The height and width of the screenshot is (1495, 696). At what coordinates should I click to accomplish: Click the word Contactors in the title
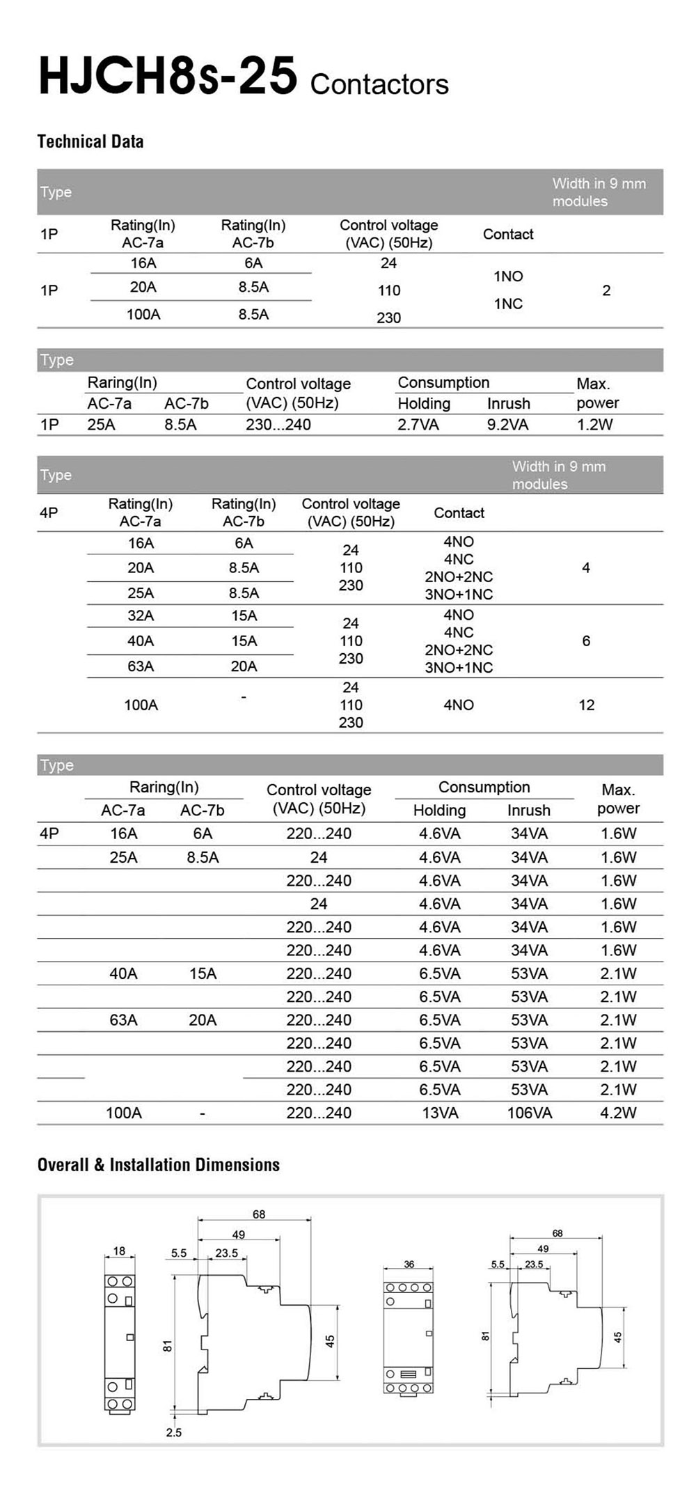click(379, 84)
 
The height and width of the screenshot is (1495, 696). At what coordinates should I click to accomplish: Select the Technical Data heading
click(90, 141)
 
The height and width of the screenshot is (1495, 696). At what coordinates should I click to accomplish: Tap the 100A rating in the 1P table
click(143, 314)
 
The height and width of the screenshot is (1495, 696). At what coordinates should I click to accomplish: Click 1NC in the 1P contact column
click(508, 304)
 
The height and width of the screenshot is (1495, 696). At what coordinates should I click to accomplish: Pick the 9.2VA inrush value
click(507, 425)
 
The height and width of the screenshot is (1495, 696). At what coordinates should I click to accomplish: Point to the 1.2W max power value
click(594, 425)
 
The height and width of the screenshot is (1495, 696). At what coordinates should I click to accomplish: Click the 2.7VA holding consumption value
click(418, 425)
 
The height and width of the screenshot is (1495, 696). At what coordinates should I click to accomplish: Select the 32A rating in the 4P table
click(141, 616)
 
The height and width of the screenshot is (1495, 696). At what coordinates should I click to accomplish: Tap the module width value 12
click(586, 705)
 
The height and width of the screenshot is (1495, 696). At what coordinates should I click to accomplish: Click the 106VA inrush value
click(529, 1113)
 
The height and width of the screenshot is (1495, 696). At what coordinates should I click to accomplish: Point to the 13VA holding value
click(440, 1113)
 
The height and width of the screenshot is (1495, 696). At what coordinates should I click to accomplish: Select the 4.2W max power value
click(618, 1113)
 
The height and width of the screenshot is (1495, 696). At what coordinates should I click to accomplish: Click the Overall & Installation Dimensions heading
click(159, 1165)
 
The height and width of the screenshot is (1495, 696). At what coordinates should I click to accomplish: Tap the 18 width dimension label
click(119, 1251)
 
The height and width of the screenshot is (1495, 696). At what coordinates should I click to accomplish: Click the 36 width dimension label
click(409, 1265)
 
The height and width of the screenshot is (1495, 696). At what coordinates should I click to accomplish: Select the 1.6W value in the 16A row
click(618, 833)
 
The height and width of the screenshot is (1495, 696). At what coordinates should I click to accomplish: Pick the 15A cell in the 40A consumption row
click(203, 973)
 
